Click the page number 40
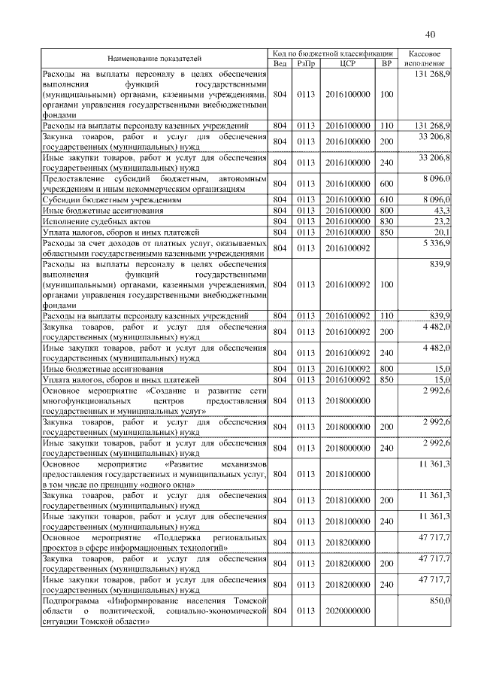(x=430, y=34)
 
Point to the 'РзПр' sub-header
(x=306, y=64)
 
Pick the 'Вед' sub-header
(x=280, y=64)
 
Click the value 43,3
(x=440, y=211)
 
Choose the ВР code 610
(x=387, y=201)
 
